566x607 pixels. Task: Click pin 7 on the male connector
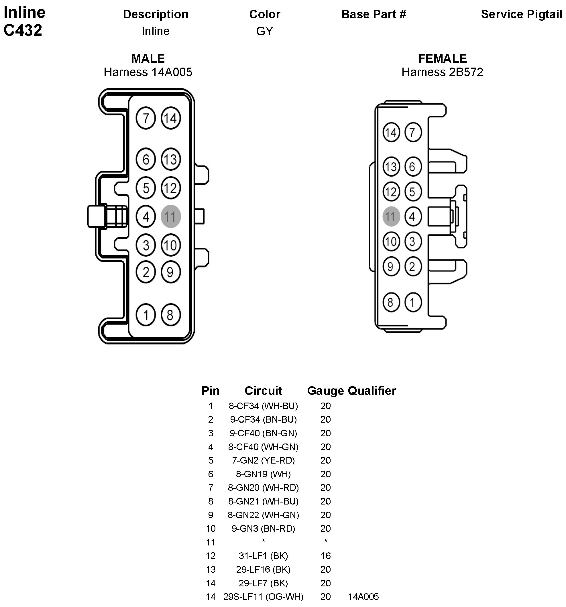coord(146,118)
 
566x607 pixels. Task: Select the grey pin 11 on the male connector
coord(170,216)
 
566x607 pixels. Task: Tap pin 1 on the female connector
coord(413,302)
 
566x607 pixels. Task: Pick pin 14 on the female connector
coord(391,132)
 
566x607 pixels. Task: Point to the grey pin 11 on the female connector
coord(391,216)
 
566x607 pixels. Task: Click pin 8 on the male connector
coord(170,315)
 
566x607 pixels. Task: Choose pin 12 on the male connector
coord(170,188)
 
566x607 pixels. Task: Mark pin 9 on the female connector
coord(391,267)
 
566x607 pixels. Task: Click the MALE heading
coord(148,58)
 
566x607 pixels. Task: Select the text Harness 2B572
coord(442,72)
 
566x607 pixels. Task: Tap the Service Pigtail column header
coord(521,14)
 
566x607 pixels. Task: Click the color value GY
coord(264,31)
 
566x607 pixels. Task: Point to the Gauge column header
coord(325,391)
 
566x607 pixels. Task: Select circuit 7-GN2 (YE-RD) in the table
coord(263,460)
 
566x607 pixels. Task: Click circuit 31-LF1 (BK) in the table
coord(263,556)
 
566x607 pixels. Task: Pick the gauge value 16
coord(326,556)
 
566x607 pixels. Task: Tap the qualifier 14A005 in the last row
coord(363,597)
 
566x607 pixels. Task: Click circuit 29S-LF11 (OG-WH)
coord(263,597)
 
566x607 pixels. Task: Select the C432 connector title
coord(23,30)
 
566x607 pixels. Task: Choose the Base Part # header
coord(374,14)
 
